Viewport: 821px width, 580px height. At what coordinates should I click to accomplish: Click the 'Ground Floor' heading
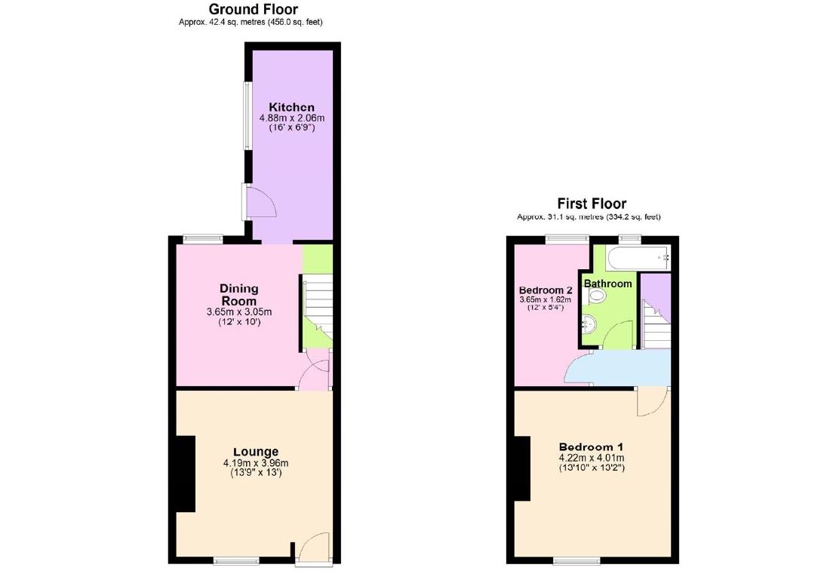coord(253,9)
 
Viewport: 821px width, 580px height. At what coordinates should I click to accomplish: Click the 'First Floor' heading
coord(592,204)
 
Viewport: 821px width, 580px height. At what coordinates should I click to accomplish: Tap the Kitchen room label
coord(291,107)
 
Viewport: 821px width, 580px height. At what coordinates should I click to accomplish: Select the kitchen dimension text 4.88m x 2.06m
coord(291,118)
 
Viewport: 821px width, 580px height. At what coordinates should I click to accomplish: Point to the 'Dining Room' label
coord(239,294)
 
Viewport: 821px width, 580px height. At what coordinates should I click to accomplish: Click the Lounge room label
coord(256,452)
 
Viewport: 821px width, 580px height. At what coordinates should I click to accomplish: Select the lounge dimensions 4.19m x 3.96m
coord(256,463)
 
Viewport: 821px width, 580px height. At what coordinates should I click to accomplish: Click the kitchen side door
coord(260,203)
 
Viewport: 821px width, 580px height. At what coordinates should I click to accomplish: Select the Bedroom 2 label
coord(546,290)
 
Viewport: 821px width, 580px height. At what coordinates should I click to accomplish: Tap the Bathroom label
coord(608,284)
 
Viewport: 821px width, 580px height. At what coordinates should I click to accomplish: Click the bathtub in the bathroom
coord(638,258)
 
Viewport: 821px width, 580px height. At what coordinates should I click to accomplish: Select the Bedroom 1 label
coord(592,447)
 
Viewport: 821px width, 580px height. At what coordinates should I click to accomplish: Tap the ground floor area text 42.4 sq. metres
coord(251,22)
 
